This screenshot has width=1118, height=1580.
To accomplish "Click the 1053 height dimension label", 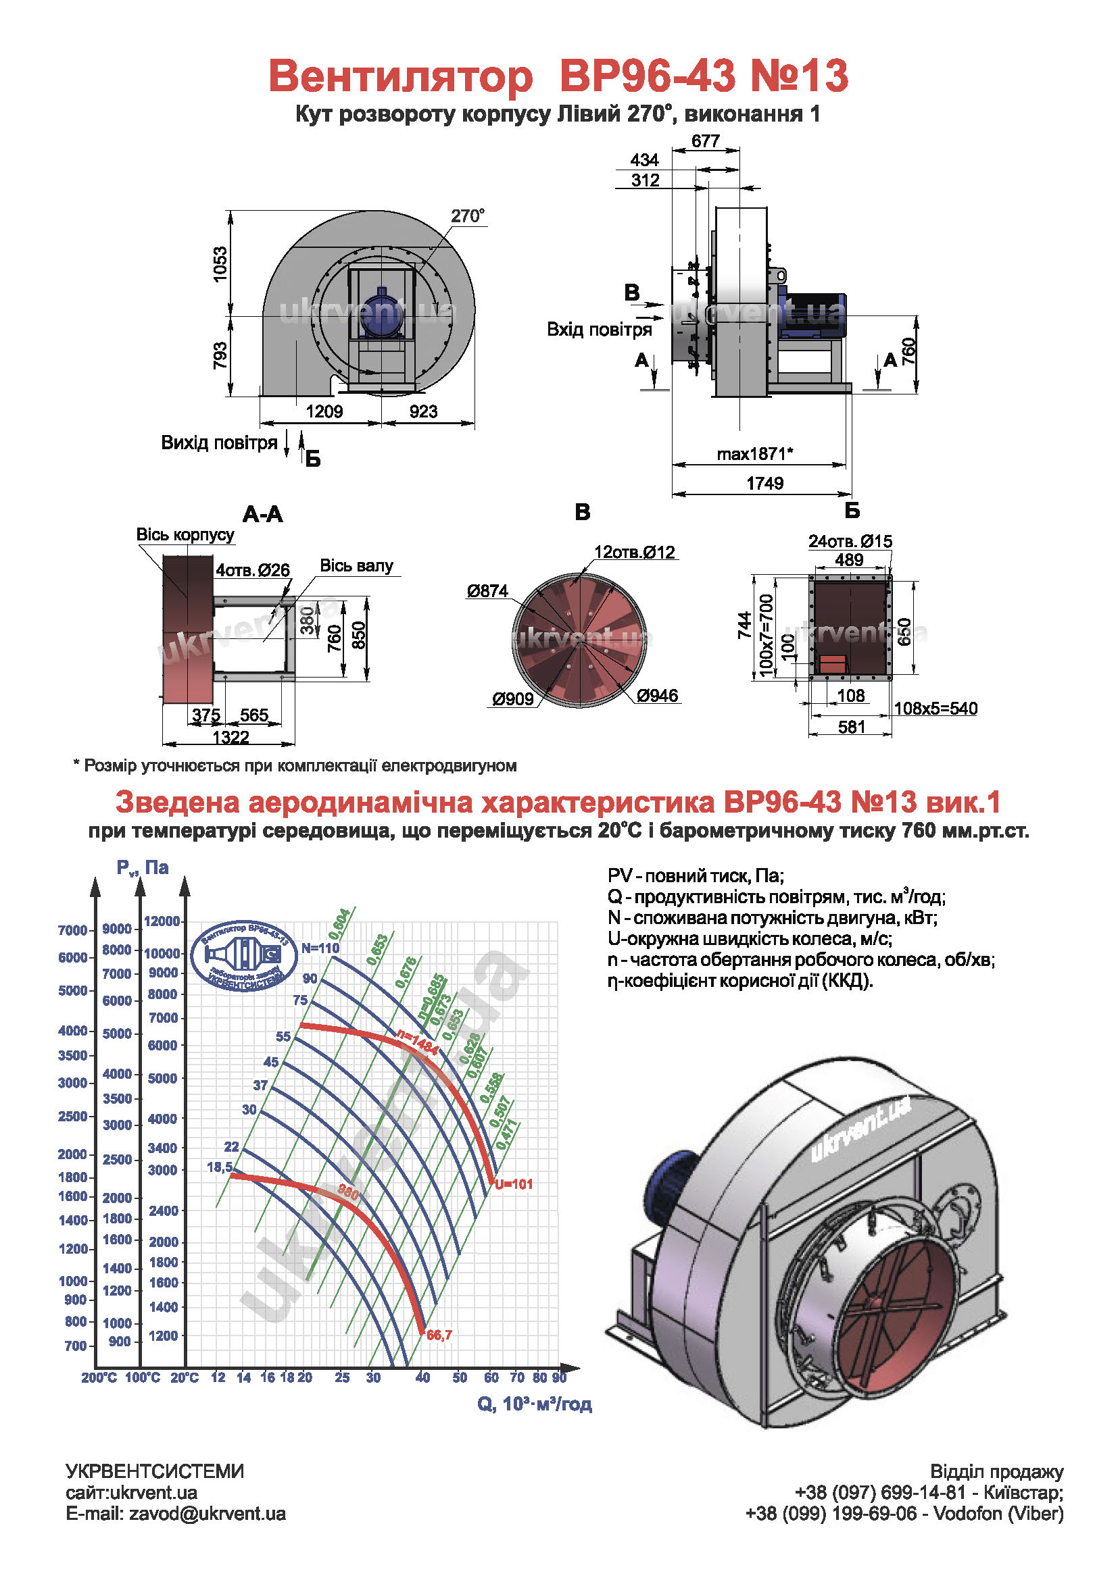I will pos(220,263).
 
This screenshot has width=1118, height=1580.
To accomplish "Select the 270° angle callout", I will pos(468,216).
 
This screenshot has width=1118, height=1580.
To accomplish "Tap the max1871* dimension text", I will pos(755,454).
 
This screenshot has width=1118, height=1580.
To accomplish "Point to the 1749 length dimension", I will pos(765,483).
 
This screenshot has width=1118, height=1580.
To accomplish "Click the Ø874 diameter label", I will pos(487,590).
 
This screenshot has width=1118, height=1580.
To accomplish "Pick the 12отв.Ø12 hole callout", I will pos(634,552).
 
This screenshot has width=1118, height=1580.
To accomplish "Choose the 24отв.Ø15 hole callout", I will pos(850,541).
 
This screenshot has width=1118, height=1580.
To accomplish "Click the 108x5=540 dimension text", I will pos(935,708).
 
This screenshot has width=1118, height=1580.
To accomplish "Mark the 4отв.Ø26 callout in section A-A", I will pos(253,570).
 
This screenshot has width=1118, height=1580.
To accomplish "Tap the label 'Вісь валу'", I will pos(357,565).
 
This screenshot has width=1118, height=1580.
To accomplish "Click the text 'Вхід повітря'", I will pos(599,330).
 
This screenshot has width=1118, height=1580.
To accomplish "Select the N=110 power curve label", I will pos(320,948).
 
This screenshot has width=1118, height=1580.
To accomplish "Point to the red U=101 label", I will pos(514,1184).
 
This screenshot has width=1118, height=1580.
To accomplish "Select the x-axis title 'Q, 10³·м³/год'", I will pos(534,1404).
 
